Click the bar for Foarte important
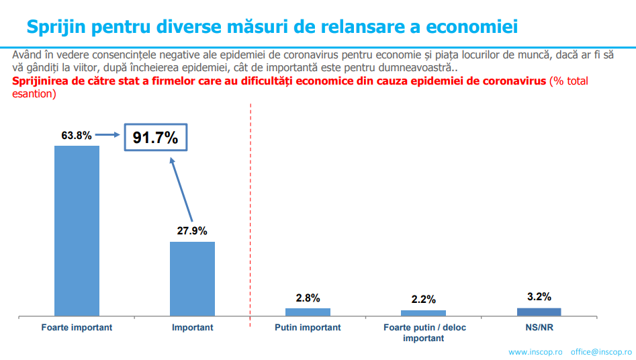[x=77, y=230]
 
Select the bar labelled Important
[x=192, y=278]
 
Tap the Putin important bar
[x=308, y=312]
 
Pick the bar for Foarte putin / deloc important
[x=423, y=312]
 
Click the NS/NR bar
[x=539, y=311]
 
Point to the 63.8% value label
[x=77, y=136]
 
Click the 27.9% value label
[x=192, y=231]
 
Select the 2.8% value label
[x=308, y=298]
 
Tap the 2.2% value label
[x=423, y=300]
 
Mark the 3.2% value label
[x=539, y=296]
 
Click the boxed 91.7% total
[x=155, y=138]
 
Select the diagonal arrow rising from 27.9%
[x=181, y=189]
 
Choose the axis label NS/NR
[x=539, y=328]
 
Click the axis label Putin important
[x=308, y=328]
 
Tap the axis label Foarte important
[x=77, y=328]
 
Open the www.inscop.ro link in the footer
[x=535, y=352]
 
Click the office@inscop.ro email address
[x=601, y=352]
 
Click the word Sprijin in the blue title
[x=57, y=27]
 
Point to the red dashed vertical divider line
[x=251, y=215]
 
